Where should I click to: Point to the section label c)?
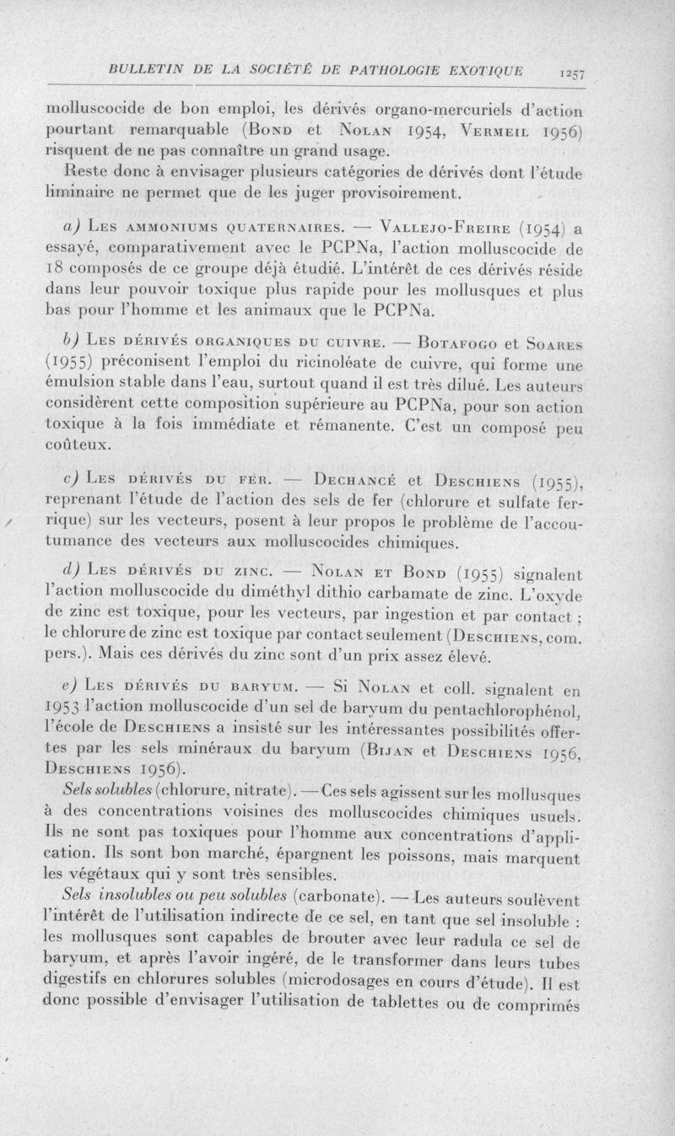(x=71, y=480)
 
